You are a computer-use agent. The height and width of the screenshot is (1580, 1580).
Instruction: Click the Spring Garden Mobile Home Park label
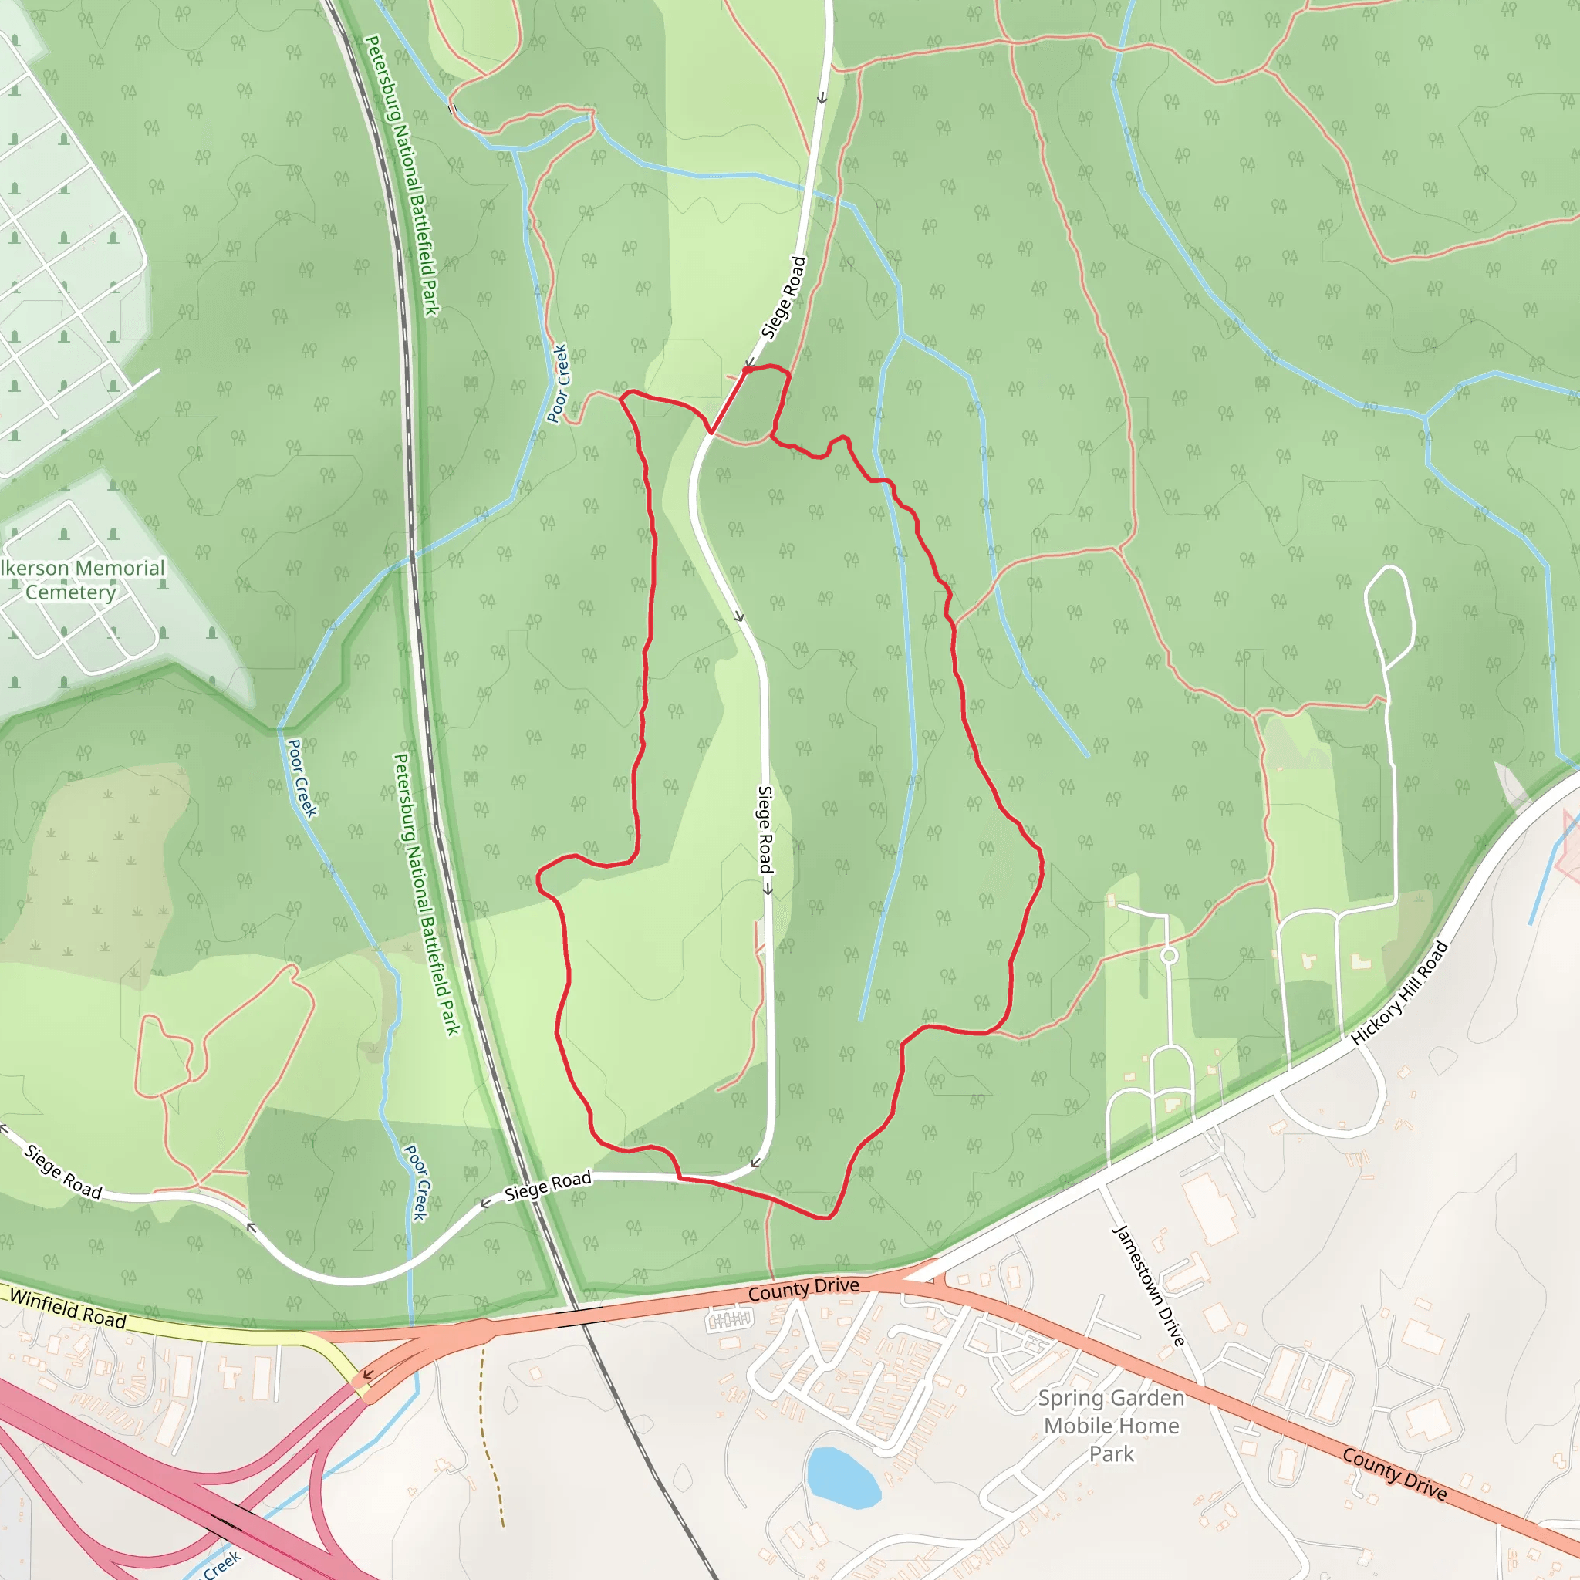point(1112,1426)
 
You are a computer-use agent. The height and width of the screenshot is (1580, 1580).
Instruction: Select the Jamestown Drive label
point(1149,1286)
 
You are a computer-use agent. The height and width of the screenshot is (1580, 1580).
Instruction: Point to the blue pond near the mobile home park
point(842,1477)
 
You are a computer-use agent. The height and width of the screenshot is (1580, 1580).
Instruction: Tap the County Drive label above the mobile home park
point(803,1290)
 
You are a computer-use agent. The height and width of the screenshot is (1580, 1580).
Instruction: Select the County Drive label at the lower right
point(1393,1474)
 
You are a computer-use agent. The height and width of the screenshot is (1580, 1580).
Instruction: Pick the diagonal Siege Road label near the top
point(784,298)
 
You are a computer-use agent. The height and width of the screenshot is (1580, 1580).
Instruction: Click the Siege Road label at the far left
point(62,1172)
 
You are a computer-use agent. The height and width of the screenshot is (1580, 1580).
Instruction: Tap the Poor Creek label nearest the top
point(558,383)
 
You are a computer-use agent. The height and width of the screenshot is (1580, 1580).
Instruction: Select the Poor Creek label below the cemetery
point(301,778)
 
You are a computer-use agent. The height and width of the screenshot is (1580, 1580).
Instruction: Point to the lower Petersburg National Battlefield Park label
point(426,895)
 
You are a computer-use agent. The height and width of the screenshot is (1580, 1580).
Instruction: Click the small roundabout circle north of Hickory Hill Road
point(1169,955)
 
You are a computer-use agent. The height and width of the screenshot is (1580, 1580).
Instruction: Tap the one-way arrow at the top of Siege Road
point(822,98)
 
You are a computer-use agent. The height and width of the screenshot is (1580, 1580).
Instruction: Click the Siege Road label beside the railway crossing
point(547,1186)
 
